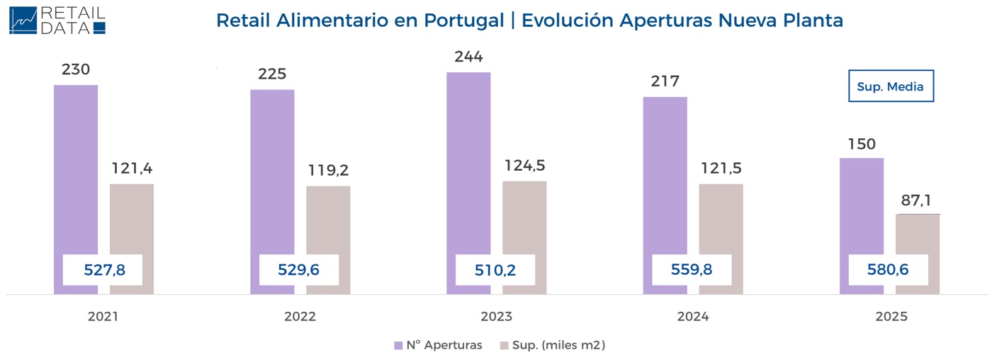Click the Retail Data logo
pos(57,21)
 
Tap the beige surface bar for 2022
pos(328,220)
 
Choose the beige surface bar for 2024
pos(721,220)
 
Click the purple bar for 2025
pos(861,206)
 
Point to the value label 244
pos(468,57)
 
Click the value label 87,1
pos(917,201)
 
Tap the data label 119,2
pos(329,171)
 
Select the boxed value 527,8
pos(103,269)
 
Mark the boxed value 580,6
pos(889,269)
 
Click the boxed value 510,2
pos(495,269)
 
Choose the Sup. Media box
pos(891,86)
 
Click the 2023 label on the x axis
pos(496,317)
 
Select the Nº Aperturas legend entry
pos(438,345)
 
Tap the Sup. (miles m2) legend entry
pos(552,345)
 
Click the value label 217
pos(665,81)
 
